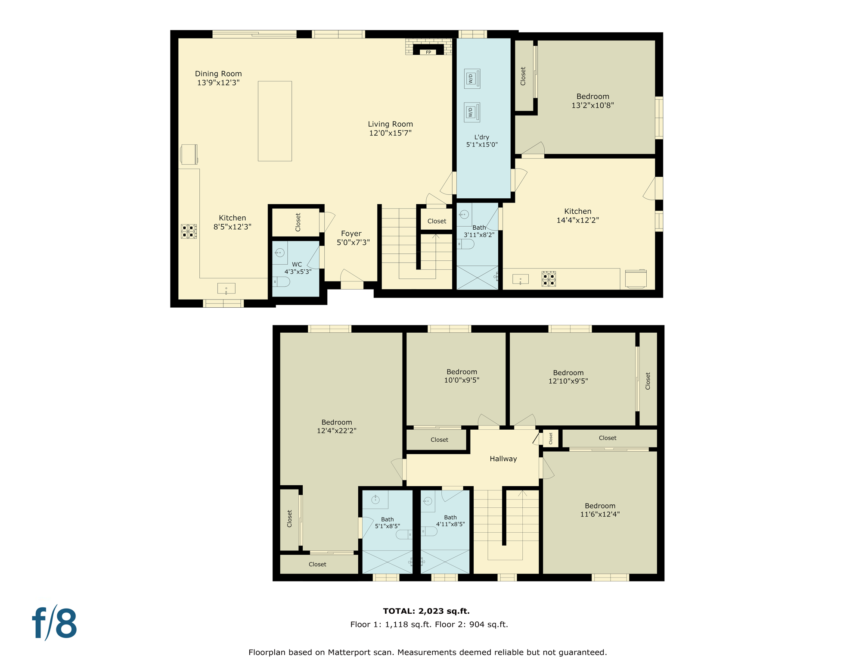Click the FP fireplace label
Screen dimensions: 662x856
[x=428, y=53]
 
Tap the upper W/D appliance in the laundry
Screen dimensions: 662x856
[x=472, y=79]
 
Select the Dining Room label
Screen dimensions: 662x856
[x=218, y=74]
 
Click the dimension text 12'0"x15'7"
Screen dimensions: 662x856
[x=390, y=133]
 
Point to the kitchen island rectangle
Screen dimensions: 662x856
[x=275, y=121]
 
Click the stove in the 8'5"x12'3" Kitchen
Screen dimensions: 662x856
[x=189, y=231]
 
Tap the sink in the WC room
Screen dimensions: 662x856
[x=279, y=253]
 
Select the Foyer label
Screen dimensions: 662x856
[x=351, y=234]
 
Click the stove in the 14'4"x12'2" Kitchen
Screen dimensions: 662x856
[x=549, y=279]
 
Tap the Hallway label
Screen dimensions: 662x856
[x=503, y=459]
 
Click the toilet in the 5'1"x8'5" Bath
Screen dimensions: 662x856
[x=404, y=534]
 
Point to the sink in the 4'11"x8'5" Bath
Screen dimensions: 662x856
[x=428, y=501]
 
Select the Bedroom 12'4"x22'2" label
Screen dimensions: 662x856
[x=336, y=422]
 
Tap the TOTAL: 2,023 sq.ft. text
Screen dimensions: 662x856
[x=426, y=611]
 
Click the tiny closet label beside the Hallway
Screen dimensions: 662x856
[x=550, y=438]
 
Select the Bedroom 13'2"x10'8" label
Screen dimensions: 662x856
[x=592, y=97]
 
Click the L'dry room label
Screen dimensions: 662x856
[x=481, y=137]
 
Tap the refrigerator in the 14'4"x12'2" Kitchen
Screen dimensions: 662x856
[x=636, y=279]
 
